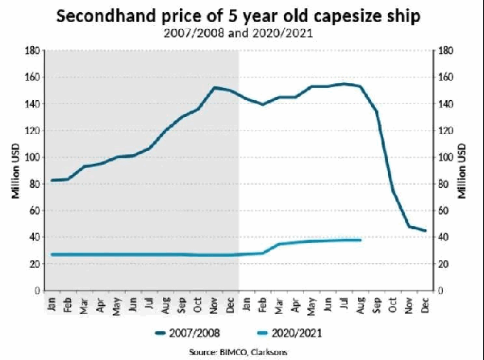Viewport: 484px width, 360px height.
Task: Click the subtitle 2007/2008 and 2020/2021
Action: pyautogui.click(x=242, y=35)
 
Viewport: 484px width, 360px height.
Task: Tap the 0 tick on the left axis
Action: pyautogui.click(x=37, y=290)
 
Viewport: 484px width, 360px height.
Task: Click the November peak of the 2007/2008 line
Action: pyautogui.click(x=215, y=87)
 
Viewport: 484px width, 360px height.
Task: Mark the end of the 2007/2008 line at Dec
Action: pyautogui.click(x=425, y=231)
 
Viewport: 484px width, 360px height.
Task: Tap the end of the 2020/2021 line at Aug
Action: pyautogui.click(x=361, y=240)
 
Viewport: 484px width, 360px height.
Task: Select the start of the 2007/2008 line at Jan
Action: pyautogui.click(x=52, y=180)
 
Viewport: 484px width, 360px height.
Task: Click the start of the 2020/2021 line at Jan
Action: pyautogui.click(x=52, y=254)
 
